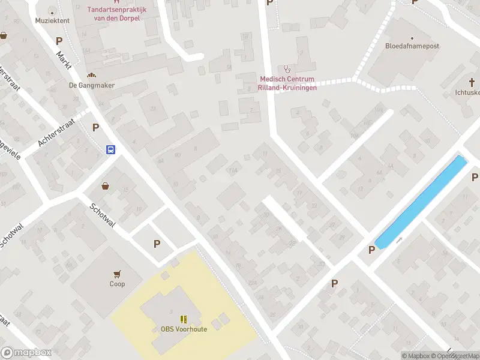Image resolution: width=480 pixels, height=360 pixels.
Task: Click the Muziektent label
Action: (x=52, y=20)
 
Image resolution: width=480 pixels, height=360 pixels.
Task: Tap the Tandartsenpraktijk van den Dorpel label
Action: (x=117, y=14)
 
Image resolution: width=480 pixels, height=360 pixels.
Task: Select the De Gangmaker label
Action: (x=92, y=85)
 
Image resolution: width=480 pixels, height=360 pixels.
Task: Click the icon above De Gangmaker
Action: (x=92, y=75)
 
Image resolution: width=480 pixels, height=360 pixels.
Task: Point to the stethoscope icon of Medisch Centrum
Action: (x=287, y=69)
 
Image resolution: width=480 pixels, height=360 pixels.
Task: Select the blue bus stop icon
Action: (x=111, y=149)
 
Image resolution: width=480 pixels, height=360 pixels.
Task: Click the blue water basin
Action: (x=421, y=201)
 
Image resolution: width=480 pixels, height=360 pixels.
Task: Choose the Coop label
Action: (x=118, y=284)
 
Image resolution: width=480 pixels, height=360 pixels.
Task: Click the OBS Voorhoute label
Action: (x=184, y=329)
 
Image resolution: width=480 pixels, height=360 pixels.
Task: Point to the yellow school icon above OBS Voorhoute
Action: (x=184, y=319)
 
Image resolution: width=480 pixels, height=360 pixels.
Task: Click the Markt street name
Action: (x=64, y=60)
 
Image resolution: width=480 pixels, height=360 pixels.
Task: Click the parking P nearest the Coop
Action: (x=157, y=244)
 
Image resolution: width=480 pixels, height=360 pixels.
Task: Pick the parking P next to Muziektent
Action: (x=59, y=41)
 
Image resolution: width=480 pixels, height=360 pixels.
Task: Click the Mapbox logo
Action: (x=26, y=353)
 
